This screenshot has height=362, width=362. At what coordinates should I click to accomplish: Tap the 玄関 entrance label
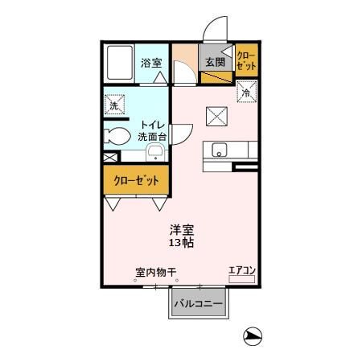coord(213,62)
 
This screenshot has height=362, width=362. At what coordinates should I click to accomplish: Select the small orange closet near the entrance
coord(245,61)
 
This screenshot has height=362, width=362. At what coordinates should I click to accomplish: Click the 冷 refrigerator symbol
coord(245,93)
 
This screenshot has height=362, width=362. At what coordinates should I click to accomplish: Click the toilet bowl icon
coord(115,138)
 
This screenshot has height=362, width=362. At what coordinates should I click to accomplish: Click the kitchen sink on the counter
coord(220,150)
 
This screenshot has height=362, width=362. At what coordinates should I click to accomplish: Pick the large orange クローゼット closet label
coord(136,179)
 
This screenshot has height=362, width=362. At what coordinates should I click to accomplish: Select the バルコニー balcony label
coord(200,304)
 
